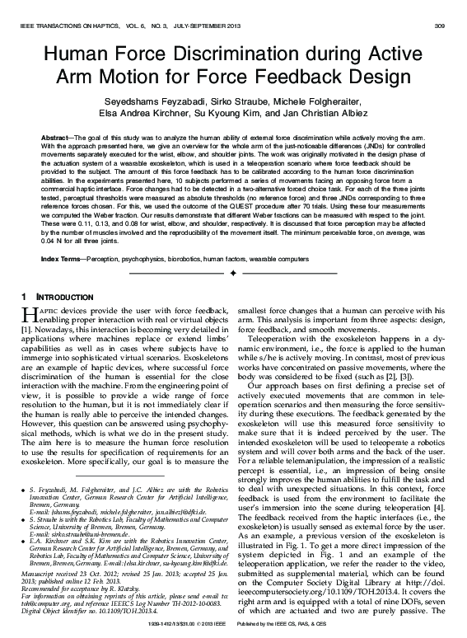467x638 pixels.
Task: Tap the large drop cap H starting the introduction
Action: pos(26,312)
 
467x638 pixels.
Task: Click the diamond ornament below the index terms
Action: pos(233,271)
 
